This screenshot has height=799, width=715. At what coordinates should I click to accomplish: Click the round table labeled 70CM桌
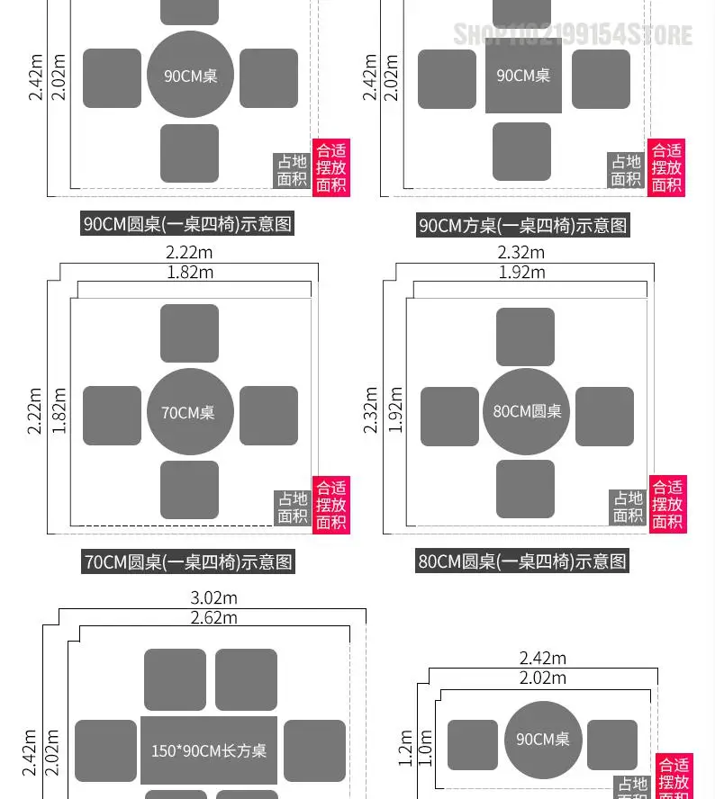[x=190, y=413]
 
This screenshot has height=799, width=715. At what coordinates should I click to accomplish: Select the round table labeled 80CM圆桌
[x=527, y=411]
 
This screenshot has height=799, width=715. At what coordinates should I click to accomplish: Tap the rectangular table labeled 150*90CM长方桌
[x=209, y=750]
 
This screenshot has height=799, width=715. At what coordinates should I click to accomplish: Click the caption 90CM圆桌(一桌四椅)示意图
[x=188, y=224]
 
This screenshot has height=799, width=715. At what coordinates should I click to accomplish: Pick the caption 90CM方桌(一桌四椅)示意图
[x=523, y=225]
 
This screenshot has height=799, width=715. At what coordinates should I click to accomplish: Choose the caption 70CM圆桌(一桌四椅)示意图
[x=188, y=562]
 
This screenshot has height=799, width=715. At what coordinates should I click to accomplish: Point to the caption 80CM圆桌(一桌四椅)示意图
[x=522, y=561]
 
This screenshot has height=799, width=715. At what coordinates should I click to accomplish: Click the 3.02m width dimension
[x=213, y=598]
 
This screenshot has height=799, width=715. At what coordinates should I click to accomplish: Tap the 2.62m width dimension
[x=213, y=617]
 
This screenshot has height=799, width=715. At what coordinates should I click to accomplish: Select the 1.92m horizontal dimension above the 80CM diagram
[x=521, y=272]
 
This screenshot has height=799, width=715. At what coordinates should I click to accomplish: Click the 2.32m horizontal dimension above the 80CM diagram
[x=521, y=253]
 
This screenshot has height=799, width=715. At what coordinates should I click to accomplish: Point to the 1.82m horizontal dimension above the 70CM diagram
[x=190, y=272]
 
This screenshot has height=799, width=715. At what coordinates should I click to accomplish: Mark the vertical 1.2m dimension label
[x=406, y=748]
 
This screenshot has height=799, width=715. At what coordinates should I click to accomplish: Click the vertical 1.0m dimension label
[x=426, y=748]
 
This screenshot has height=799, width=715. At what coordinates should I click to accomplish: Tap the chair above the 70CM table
[x=189, y=333]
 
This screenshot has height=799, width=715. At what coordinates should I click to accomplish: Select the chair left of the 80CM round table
[x=449, y=416]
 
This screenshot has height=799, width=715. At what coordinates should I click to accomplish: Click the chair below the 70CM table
[x=189, y=489]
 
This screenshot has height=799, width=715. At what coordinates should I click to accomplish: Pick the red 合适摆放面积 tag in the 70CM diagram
[x=330, y=505]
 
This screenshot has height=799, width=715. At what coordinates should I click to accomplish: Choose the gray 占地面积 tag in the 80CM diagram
[x=629, y=507]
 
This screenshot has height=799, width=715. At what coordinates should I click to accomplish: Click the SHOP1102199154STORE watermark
[x=573, y=35]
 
